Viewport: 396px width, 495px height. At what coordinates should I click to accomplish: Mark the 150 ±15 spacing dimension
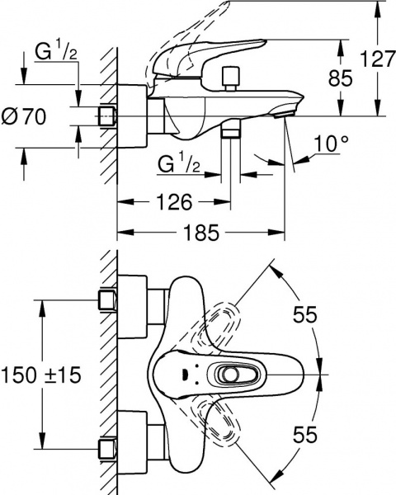click(42, 375)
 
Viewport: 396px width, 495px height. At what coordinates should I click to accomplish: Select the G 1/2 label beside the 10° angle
click(180, 165)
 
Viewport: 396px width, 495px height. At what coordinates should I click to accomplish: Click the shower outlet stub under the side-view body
click(231, 132)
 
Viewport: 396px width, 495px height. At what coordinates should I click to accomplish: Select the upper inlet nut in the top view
click(106, 299)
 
